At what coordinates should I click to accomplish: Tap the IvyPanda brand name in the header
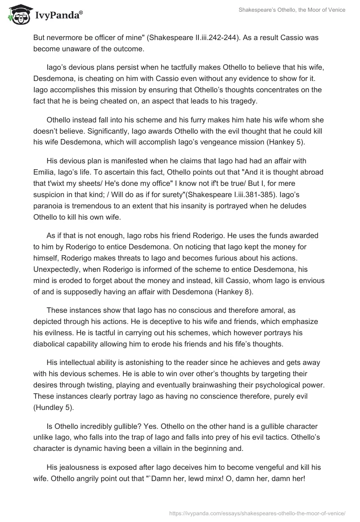tap(58, 16)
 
